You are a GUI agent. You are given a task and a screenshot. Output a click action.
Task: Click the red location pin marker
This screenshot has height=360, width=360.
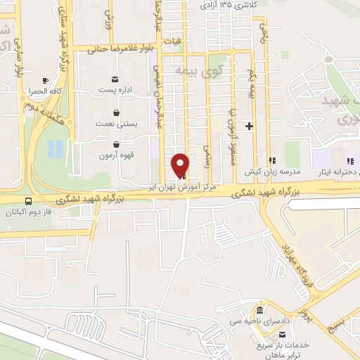pyautogui.click(x=181, y=165)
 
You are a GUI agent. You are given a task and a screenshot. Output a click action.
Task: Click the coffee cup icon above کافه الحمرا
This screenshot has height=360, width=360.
pyautogui.click(x=46, y=81)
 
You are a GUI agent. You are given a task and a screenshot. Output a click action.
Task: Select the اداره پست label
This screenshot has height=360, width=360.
pyautogui.click(x=115, y=89)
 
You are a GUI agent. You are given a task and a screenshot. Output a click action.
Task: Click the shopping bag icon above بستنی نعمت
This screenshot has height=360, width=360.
pyautogui.click(x=116, y=112)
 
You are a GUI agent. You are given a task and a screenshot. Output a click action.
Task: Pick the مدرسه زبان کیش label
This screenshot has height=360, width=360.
pyautogui.click(x=262, y=171)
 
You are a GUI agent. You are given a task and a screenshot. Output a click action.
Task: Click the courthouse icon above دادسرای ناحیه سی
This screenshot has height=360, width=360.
pyautogui.click(x=259, y=310)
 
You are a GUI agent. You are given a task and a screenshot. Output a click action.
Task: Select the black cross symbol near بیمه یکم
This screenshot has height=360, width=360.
pyautogui.click(x=249, y=126)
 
